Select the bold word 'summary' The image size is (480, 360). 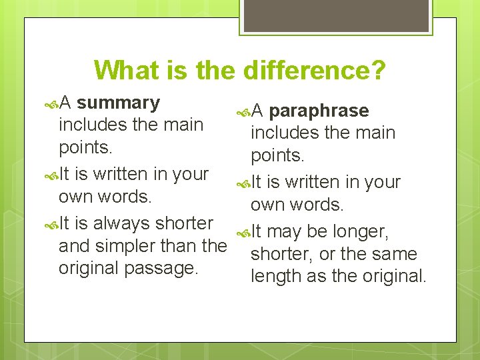coord(118,103)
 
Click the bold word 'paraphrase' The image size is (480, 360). coord(319,111)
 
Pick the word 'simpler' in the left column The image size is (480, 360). coord(149,246)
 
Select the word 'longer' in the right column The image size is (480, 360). coord(357,231)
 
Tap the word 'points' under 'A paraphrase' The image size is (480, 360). coord(277,155)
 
